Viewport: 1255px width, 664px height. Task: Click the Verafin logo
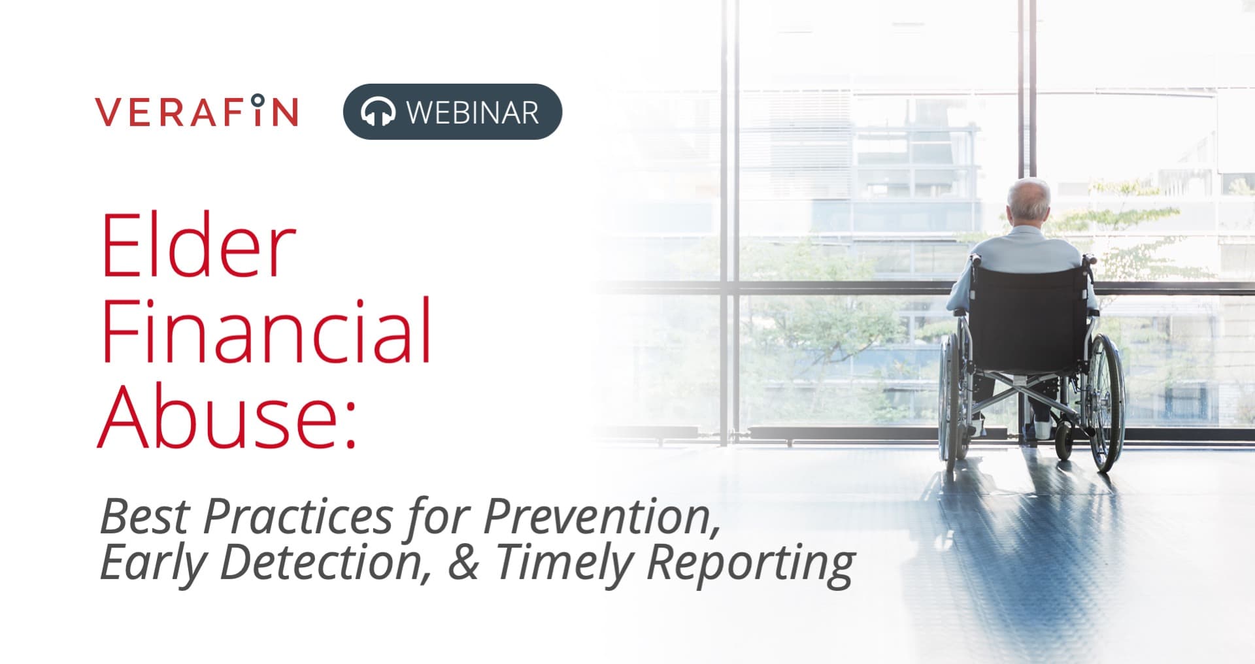click(x=197, y=111)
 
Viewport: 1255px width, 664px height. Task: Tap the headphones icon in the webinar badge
click(x=378, y=112)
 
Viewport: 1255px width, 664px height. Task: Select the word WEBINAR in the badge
click(x=473, y=112)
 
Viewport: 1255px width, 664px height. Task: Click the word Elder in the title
click(x=198, y=246)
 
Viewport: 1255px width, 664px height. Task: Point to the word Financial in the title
click(x=266, y=331)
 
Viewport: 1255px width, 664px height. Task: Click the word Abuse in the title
click(x=219, y=415)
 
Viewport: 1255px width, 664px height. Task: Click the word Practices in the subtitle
click(x=298, y=516)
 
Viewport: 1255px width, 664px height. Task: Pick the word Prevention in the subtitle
click(x=601, y=516)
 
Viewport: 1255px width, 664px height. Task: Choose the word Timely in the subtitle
click(x=566, y=563)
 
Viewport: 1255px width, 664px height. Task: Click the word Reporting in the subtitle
click(x=750, y=563)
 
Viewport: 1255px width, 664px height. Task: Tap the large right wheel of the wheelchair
click(x=1105, y=402)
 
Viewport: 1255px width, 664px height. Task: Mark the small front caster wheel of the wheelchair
click(x=1063, y=441)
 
